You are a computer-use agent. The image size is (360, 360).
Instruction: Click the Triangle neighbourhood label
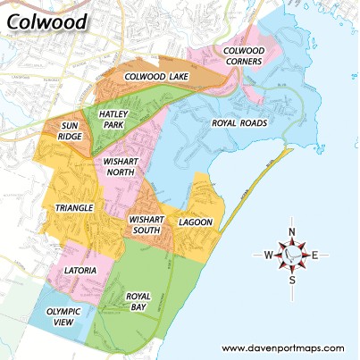pyautogui.click(x=74, y=208)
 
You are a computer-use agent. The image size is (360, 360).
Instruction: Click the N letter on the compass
pyautogui.click(x=292, y=231)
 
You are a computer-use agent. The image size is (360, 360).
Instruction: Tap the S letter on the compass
pyautogui.click(x=292, y=280)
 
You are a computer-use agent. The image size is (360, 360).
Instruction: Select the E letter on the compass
pyautogui.click(x=314, y=255)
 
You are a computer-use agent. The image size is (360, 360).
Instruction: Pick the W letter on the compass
pyautogui.click(x=268, y=255)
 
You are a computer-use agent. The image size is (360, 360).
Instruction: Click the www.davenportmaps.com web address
pyautogui.click(x=282, y=347)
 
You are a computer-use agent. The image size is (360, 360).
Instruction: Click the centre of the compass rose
pyautogui.click(x=292, y=255)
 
